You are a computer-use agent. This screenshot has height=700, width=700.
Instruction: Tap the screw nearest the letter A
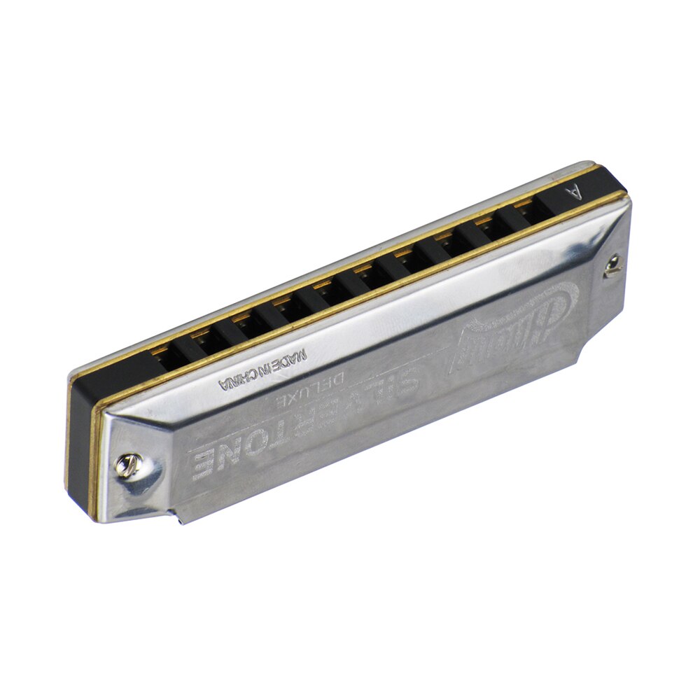[x=613, y=265]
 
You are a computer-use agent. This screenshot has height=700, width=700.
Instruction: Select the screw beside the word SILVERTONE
[x=127, y=464]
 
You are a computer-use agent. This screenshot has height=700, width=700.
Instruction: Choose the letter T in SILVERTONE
[x=280, y=429]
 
